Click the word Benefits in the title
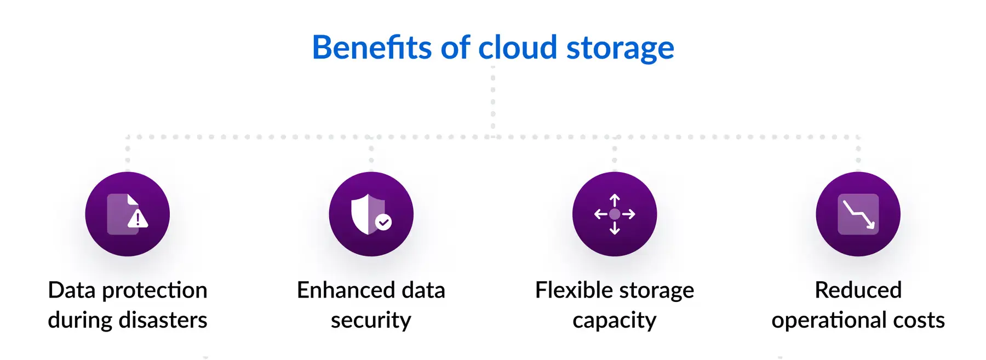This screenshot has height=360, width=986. [372, 47]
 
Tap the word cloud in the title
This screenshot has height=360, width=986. [518, 47]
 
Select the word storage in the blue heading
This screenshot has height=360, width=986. [620, 49]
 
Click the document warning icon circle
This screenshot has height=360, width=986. [128, 214]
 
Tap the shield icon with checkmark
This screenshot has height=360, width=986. [371, 214]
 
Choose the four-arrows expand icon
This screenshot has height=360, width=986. [615, 214]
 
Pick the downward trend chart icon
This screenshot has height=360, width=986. [858, 214]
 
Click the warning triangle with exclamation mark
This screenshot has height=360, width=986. [137, 218]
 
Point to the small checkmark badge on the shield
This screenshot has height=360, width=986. [383, 222]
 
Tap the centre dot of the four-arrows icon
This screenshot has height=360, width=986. [615, 214]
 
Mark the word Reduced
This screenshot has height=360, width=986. [858, 290]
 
